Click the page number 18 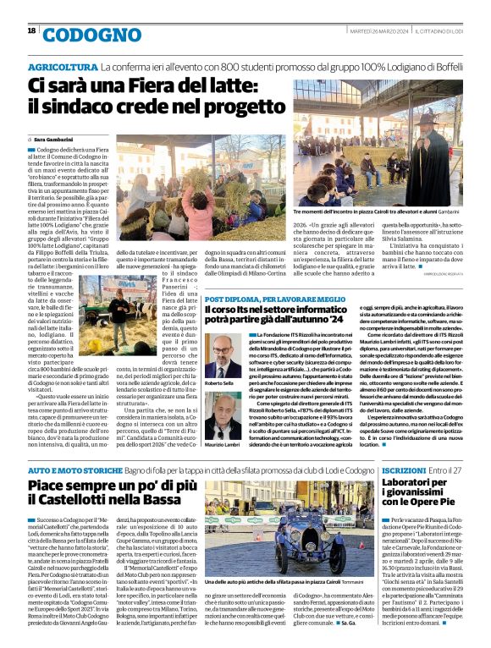point(31,31)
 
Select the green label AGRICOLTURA point(63,66)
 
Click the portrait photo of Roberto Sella point(221,354)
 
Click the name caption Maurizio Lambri point(221,446)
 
